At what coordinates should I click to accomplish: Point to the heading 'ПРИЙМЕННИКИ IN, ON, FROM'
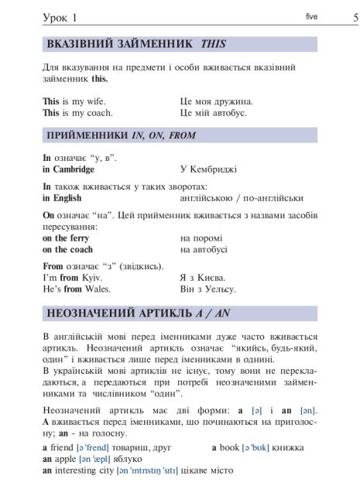110,135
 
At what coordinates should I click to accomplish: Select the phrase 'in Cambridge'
68,169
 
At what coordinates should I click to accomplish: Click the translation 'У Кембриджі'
207,169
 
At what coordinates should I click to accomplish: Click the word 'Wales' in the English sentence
97,289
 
